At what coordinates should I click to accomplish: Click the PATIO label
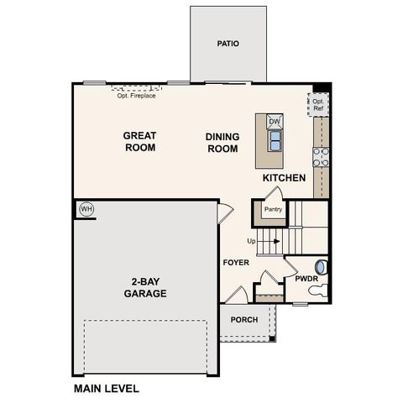[228, 43]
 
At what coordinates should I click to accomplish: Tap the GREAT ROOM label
[140, 140]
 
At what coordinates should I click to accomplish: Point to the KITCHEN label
[284, 178]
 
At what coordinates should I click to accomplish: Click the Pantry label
[272, 210]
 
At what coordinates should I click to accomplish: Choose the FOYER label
[236, 263]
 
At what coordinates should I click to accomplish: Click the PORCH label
[244, 319]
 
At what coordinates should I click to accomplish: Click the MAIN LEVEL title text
[106, 389]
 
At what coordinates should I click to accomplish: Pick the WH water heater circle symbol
[85, 208]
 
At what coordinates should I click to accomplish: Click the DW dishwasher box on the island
[275, 123]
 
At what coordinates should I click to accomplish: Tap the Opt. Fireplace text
[136, 94]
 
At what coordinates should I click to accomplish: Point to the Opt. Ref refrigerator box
[319, 105]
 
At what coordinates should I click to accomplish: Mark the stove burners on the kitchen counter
[319, 157]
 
